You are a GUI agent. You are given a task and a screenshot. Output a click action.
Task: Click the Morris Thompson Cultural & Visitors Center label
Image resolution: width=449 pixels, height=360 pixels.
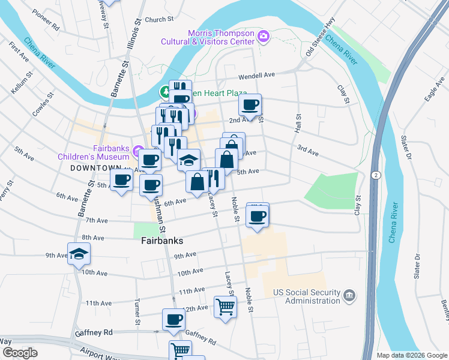coord(208,38)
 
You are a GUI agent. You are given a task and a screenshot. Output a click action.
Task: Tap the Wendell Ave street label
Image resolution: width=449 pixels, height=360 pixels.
coord(256,76)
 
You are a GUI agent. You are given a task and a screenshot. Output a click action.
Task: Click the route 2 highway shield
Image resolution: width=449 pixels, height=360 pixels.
coord(375,175)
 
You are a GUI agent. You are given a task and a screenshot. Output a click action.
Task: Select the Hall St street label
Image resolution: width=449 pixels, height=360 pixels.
coord(297,124)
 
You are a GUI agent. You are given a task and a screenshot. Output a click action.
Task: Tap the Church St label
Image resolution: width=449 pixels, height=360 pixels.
coord(158,20)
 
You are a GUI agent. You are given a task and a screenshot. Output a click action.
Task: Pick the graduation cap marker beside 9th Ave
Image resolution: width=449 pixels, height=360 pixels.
coord(79,254)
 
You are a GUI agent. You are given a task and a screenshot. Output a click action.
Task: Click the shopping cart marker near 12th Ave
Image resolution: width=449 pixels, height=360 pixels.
coord(226,307)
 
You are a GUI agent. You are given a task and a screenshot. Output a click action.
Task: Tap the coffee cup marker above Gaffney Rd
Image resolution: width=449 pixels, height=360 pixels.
coord(174,319)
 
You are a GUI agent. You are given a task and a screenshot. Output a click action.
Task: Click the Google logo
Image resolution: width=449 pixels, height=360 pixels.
coord(20,353)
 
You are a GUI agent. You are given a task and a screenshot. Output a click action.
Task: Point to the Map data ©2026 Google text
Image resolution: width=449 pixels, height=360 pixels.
coord(411,355)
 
